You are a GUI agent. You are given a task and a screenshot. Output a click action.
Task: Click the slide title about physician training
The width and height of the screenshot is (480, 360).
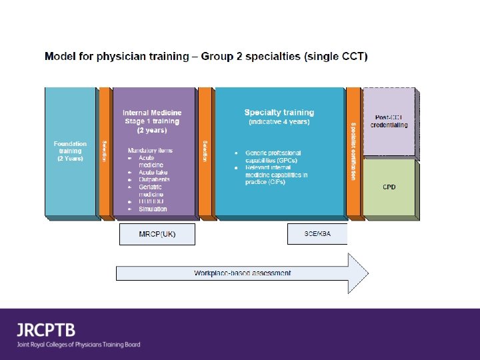tap(205, 56)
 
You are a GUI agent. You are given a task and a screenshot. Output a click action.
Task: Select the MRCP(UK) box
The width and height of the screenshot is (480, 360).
tap(157, 235)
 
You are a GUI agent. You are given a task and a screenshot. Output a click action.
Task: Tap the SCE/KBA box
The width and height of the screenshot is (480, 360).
tap(317, 235)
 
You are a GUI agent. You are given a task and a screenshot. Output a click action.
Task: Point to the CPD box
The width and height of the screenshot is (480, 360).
tap(389, 187)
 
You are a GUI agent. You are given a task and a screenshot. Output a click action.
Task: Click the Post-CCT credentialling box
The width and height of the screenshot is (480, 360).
tap(389, 121)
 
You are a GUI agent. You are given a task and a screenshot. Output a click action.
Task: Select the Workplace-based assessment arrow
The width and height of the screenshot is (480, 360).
tap(242, 273)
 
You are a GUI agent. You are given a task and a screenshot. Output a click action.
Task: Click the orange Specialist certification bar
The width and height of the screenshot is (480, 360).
tap(353, 151)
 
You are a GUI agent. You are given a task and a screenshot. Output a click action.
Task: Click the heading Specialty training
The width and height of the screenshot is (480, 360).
tap(279, 113)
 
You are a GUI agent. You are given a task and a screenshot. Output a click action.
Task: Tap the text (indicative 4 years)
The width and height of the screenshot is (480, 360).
tap(279, 123)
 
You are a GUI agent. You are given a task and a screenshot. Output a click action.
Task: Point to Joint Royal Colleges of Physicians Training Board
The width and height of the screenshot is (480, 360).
tap(79, 345)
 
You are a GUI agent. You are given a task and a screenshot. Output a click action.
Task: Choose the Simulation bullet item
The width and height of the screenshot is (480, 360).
tap(153, 209)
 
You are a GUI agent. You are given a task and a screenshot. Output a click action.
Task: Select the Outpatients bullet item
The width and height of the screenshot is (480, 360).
tap(155, 179)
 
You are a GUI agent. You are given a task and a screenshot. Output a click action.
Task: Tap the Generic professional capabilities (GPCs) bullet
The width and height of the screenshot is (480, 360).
tap(273, 157)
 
